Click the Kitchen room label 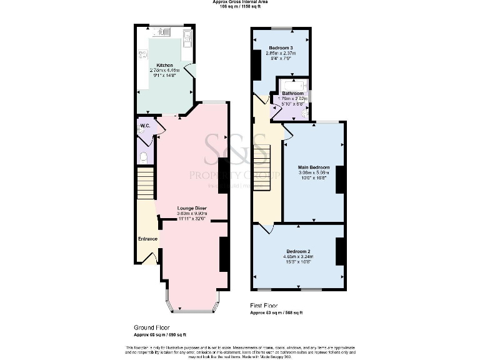coord(165,65)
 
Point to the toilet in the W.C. coord(143,157)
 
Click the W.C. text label coord(144,126)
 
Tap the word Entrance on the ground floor coord(147,239)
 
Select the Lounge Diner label coord(192,208)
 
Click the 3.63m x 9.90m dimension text coord(192,214)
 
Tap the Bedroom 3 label coord(281,48)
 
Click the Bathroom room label coord(292,93)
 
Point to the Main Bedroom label coord(313,167)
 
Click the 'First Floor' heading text coord(264,306)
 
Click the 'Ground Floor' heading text coord(151,327)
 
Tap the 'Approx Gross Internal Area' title coord(240,2)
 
